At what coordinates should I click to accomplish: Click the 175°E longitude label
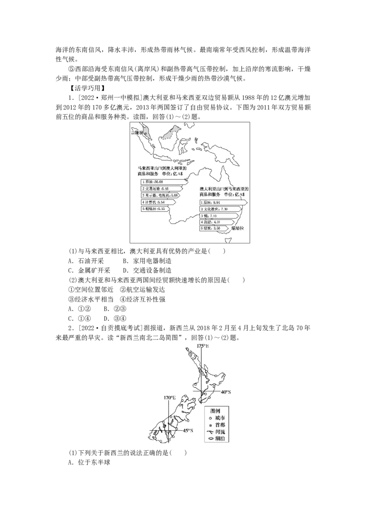coord(202,346)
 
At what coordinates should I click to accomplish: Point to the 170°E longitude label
coord(169,398)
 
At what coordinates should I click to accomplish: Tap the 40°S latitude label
coord(226,392)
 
